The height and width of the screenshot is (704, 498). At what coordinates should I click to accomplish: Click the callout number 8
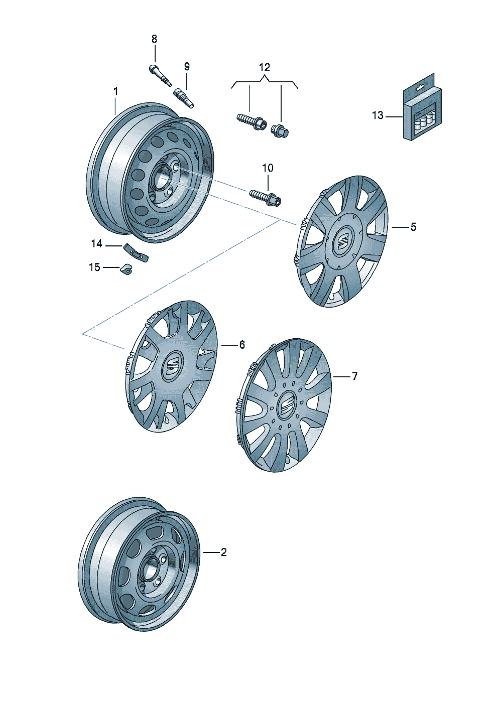click(x=154, y=39)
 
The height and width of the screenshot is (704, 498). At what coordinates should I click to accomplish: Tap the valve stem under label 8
click(x=160, y=75)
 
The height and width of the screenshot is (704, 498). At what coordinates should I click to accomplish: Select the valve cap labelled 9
click(x=184, y=97)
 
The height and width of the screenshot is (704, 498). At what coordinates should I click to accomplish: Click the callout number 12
click(x=265, y=67)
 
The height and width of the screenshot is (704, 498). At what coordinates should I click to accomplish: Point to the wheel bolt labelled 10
click(x=266, y=197)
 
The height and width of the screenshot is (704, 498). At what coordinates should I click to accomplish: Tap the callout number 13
click(x=378, y=115)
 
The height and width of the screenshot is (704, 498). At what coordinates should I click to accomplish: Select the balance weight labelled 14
click(x=136, y=252)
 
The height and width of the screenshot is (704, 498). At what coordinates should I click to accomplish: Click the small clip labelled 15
click(x=126, y=269)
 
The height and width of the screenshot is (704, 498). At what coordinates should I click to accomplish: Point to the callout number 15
click(x=94, y=267)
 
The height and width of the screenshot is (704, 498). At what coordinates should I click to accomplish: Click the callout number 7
click(x=354, y=376)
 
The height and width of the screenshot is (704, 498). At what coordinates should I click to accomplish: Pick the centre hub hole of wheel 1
click(x=163, y=178)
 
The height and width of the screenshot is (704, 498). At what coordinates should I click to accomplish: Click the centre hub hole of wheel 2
click(x=150, y=570)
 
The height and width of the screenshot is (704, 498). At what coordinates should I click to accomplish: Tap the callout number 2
click(x=223, y=552)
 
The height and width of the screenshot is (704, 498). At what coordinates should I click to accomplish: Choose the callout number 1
click(x=115, y=91)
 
